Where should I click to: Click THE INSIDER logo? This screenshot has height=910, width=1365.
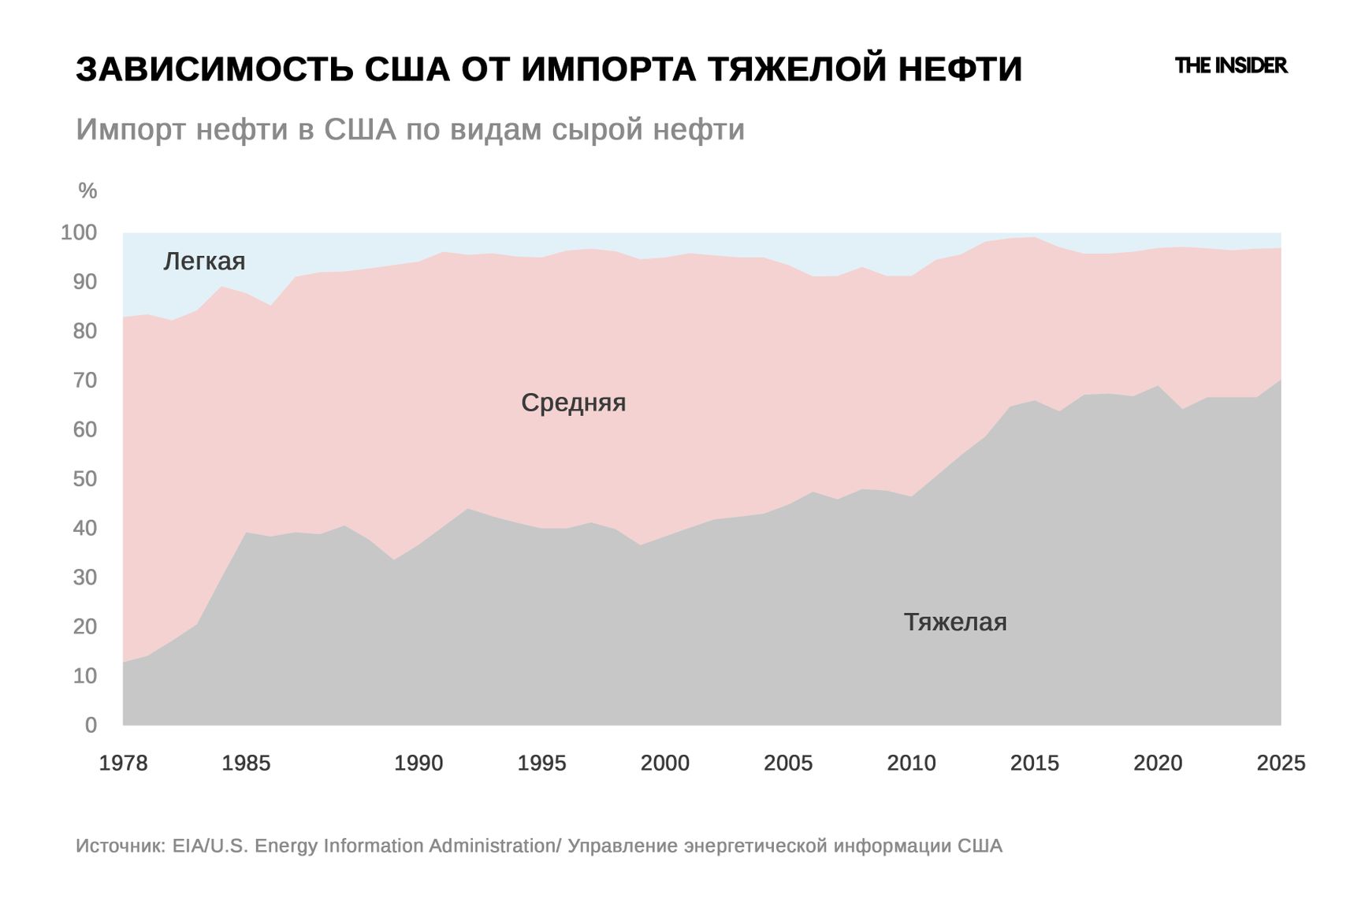[1230, 65]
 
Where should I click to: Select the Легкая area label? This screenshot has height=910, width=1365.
[204, 261]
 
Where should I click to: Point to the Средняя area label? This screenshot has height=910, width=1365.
[573, 403]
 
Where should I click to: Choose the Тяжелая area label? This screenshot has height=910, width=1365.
[954, 622]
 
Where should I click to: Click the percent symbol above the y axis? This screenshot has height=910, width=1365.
[87, 191]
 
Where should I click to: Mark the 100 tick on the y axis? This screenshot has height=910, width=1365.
[79, 232]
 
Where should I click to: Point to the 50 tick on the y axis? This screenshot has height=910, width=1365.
[84, 479]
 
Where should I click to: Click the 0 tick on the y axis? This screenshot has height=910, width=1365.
[91, 725]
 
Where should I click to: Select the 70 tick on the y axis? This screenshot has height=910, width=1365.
[84, 381]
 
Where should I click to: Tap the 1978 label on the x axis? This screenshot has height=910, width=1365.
[123, 763]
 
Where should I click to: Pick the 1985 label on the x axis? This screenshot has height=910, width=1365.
[246, 763]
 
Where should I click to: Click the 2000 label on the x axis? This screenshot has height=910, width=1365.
[664, 763]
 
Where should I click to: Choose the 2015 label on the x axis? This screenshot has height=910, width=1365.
[1034, 763]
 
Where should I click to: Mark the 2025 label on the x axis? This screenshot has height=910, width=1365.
[1281, 763]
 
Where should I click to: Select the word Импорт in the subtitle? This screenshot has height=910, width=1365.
[131, 129]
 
